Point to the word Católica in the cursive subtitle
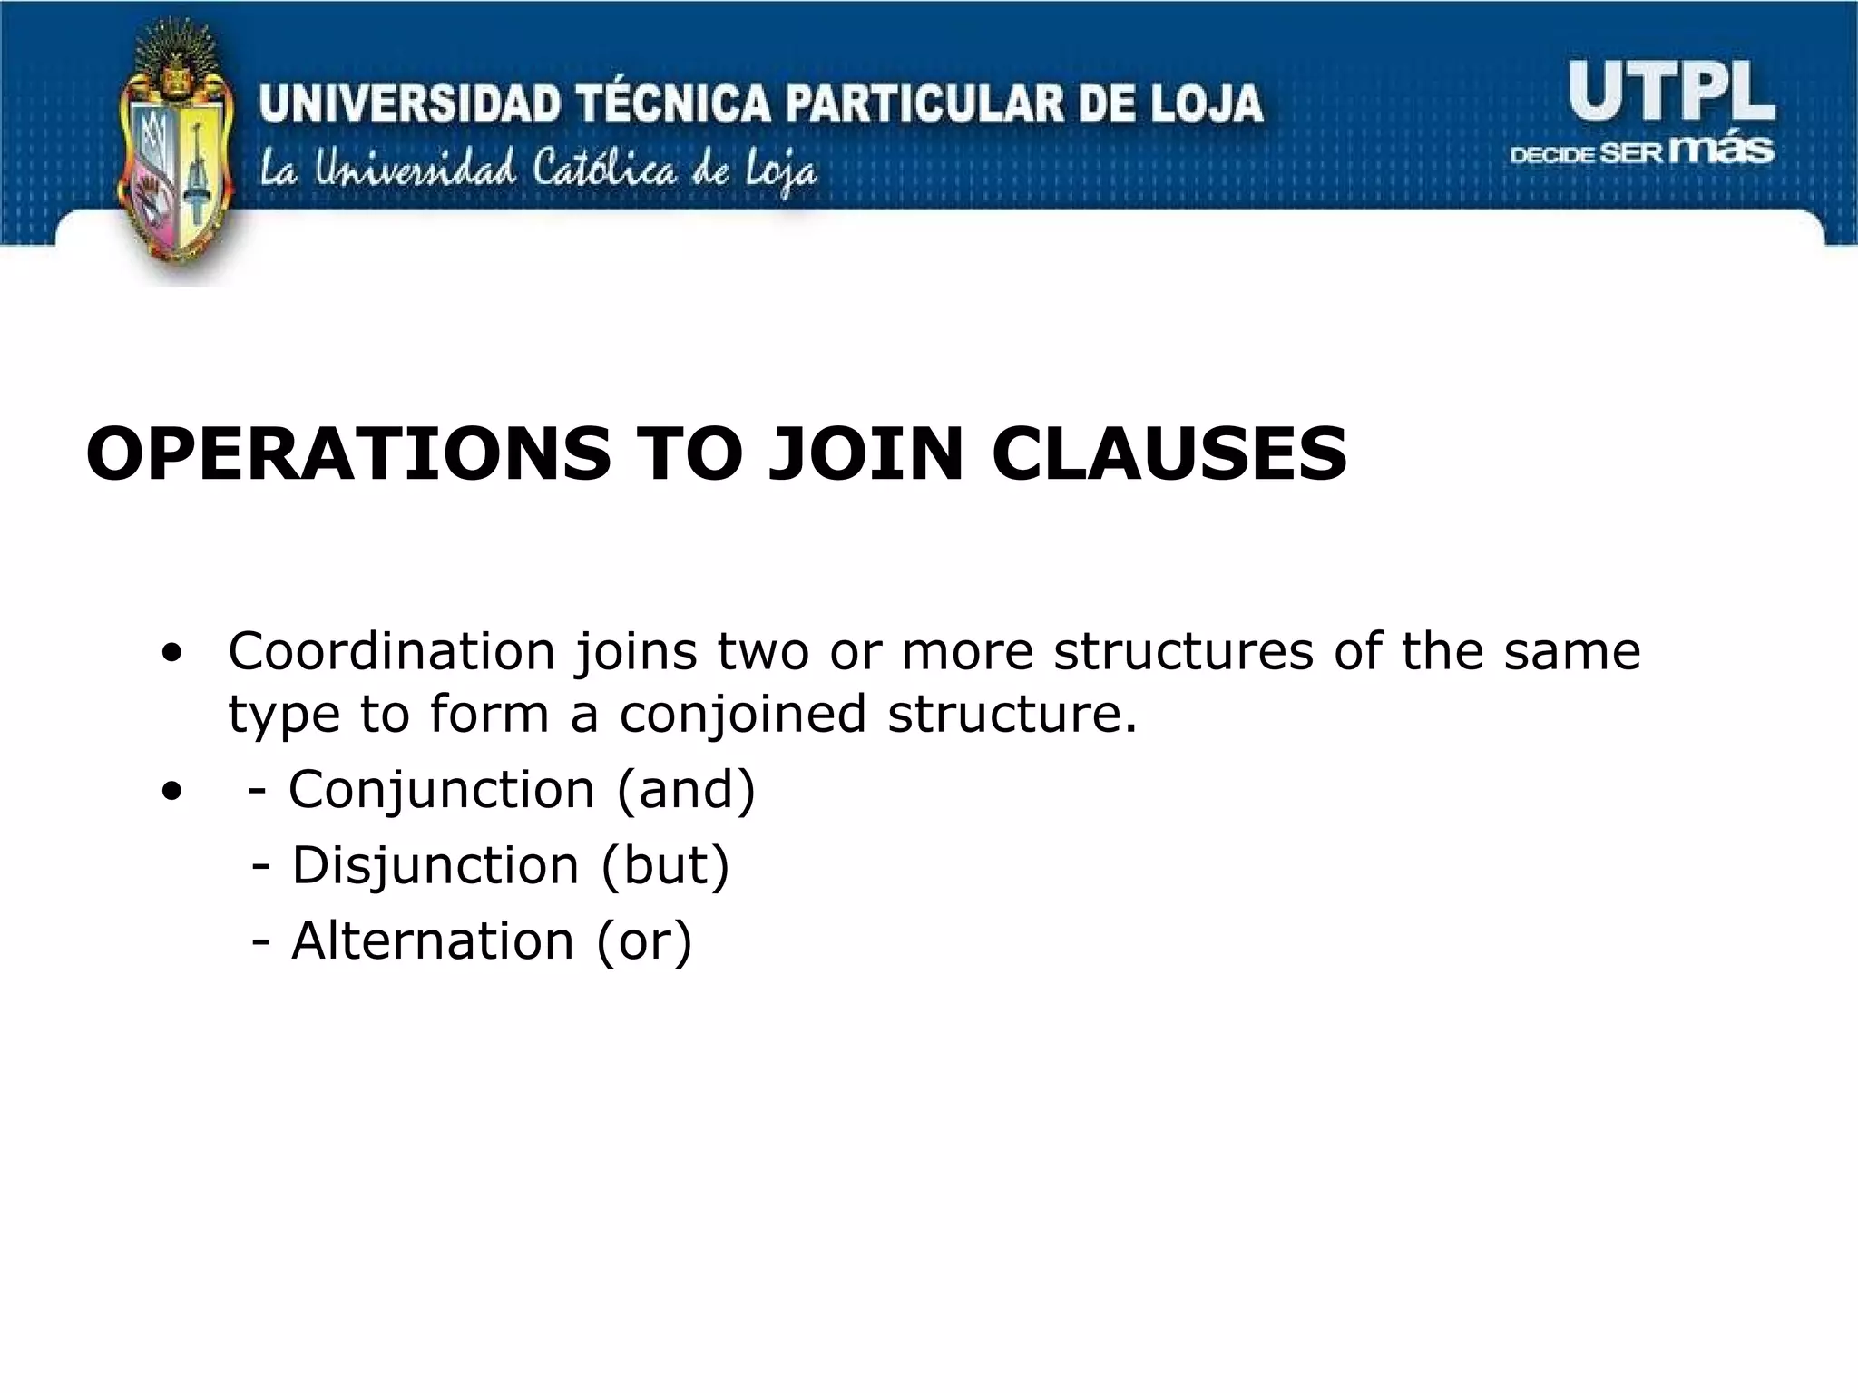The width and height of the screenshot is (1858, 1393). click(602, 170)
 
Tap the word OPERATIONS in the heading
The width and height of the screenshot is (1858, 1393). click(348, 453)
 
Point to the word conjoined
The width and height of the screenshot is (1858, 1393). click(743, 714)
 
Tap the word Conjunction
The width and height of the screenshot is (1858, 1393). click(441, 789)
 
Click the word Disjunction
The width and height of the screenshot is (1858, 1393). click(435, 864)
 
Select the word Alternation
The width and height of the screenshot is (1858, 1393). click(433, 940)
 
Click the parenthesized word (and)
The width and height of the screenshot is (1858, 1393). click(686, 789)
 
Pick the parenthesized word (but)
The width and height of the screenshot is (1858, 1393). click(665, 864)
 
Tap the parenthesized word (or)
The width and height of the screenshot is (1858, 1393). click(644, 940)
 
